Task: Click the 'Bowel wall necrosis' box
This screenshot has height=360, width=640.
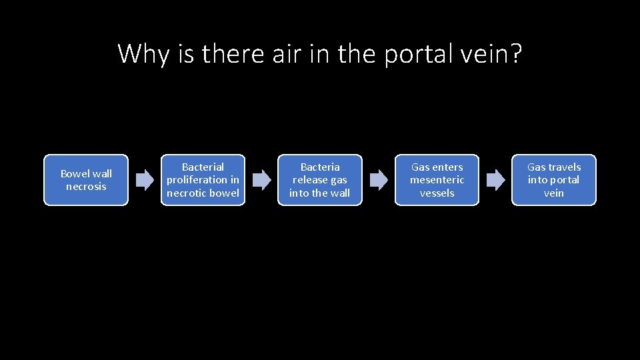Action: (85, 180)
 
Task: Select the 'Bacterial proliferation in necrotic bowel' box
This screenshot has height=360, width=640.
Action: (203, 180)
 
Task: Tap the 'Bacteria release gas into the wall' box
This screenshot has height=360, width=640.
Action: (319, 180)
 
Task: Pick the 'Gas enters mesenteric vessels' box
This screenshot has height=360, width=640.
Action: (437, 180)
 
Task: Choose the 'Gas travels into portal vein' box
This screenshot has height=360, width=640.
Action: (553, 180)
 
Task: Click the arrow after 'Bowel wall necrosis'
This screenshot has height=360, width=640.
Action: (145, 180)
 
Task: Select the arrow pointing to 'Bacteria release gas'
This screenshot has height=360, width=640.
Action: (261, 180)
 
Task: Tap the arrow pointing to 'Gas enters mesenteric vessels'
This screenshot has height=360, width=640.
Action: (378, 180)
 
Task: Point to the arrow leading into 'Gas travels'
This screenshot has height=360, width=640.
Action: (495, 180)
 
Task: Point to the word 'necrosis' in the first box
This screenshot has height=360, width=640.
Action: (86, 187)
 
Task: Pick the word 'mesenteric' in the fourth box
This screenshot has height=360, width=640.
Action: (437, 180)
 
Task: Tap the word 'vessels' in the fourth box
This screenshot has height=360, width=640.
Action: (437, 193)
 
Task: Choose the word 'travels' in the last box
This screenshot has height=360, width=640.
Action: (563, 167)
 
